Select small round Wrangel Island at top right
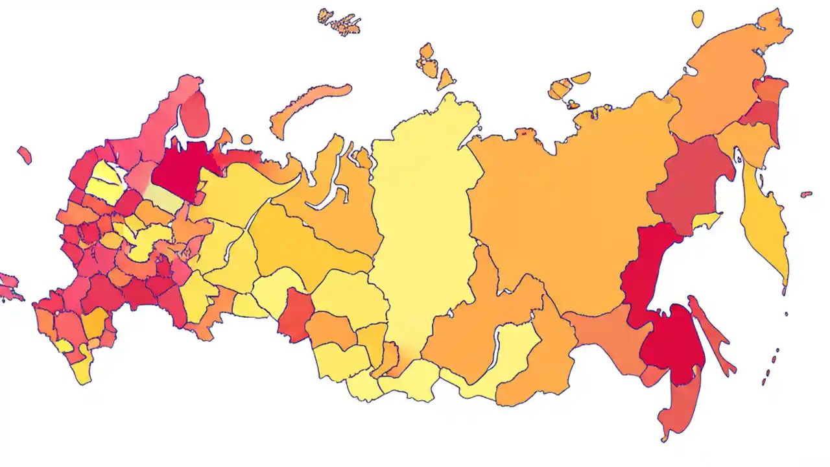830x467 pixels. [698, 18]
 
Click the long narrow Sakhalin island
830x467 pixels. [713, 337]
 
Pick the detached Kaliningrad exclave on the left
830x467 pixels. [25, 154]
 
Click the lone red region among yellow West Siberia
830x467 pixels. [295, 315]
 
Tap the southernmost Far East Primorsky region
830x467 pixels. [674, 402]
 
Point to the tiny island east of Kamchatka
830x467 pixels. [806, 194]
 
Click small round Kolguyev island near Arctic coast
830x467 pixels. [246, 139]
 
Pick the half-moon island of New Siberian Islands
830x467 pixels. [580, 78]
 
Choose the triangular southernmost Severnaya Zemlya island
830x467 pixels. [445, 80]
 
